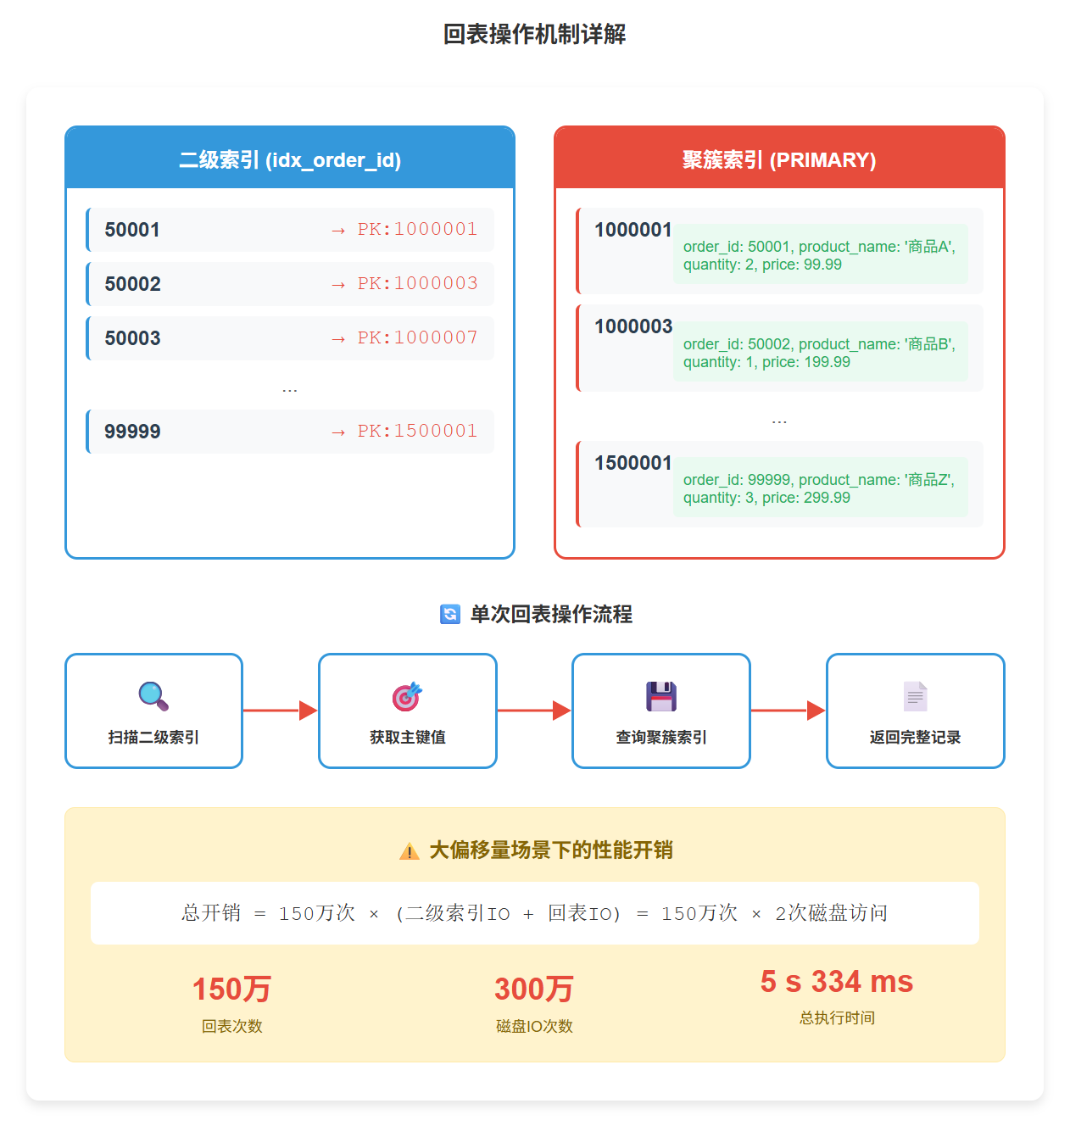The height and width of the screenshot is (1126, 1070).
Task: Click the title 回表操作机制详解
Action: pyautogui.click(x=534, y=35)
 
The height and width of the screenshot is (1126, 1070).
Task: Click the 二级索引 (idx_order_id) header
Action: pyautogui.click(x=290, y=160)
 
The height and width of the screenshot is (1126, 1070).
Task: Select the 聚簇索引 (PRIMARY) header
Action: pyautogui.click(x=779, y=160)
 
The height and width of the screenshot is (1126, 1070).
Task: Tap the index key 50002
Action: pyautogui.click(x=133, y=284)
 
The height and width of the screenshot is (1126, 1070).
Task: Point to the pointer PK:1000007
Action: pyautogui.click(x=417, y=337)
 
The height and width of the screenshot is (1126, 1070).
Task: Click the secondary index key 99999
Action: pyautogui.click(x=133, y=432)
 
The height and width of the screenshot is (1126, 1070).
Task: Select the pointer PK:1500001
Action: pyautogui.click(x=417, y=431)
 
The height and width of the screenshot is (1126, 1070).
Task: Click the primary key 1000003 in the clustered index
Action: pyautogui.click(x=633, y=326)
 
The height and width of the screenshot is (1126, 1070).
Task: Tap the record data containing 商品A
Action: pyautogui.click(x=819, y=255)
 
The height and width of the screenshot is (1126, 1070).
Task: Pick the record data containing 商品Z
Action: pyautogui.click(x=819, y=488)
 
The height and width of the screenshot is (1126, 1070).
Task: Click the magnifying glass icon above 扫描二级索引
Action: pyautogui.click(x=153, y=696)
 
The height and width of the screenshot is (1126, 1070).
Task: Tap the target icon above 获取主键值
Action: pyautogui.click(x=407, y=696)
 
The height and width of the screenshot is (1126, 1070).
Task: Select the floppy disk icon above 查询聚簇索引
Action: pyautogui.click(x=661, y=696)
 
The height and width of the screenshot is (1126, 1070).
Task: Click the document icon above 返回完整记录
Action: pyautogui.click(x=915, y=696)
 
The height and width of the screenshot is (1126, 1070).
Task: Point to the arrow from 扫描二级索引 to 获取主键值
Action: pyautogui.click(x=280, y=711)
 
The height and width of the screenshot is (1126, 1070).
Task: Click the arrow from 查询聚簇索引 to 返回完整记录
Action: pyautogui.click(x=788, y=711)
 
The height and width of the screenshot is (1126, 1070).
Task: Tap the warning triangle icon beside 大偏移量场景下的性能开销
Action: pyautogui.click(x=410, y=851)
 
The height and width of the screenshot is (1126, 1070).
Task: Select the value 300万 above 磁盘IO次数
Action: pyautogui.click(x=534, y=989)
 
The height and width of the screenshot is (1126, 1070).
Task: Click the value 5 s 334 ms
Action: pyautogui.click(x=837, y=982)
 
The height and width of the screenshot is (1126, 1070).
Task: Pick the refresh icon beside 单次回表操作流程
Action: pyautogui.click(x=450, y=614)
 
